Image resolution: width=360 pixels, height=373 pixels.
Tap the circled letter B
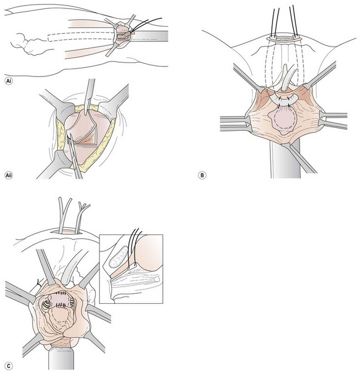203,175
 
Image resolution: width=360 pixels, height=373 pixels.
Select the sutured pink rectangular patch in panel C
58,303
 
